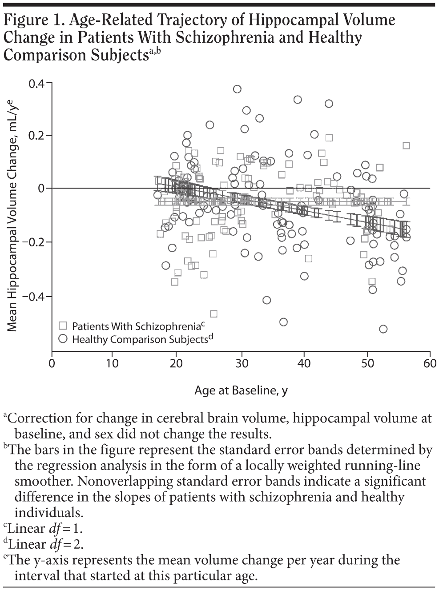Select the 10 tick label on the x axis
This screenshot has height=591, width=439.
point(113,363)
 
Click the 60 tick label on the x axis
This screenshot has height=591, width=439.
point(430,363)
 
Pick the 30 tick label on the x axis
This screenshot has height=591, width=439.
point(241,363)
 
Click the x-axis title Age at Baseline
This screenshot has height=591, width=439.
point(241,391)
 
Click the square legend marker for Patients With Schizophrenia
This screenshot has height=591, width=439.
point(63,326)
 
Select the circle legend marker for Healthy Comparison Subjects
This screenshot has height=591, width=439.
point(63,339)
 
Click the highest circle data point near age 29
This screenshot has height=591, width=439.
point(237,89)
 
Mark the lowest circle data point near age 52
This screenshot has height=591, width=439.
point(383,329)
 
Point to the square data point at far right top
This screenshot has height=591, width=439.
point(406,145)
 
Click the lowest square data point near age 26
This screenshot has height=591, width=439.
point(213,314)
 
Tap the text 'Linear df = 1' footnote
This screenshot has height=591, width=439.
point(45,529)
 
